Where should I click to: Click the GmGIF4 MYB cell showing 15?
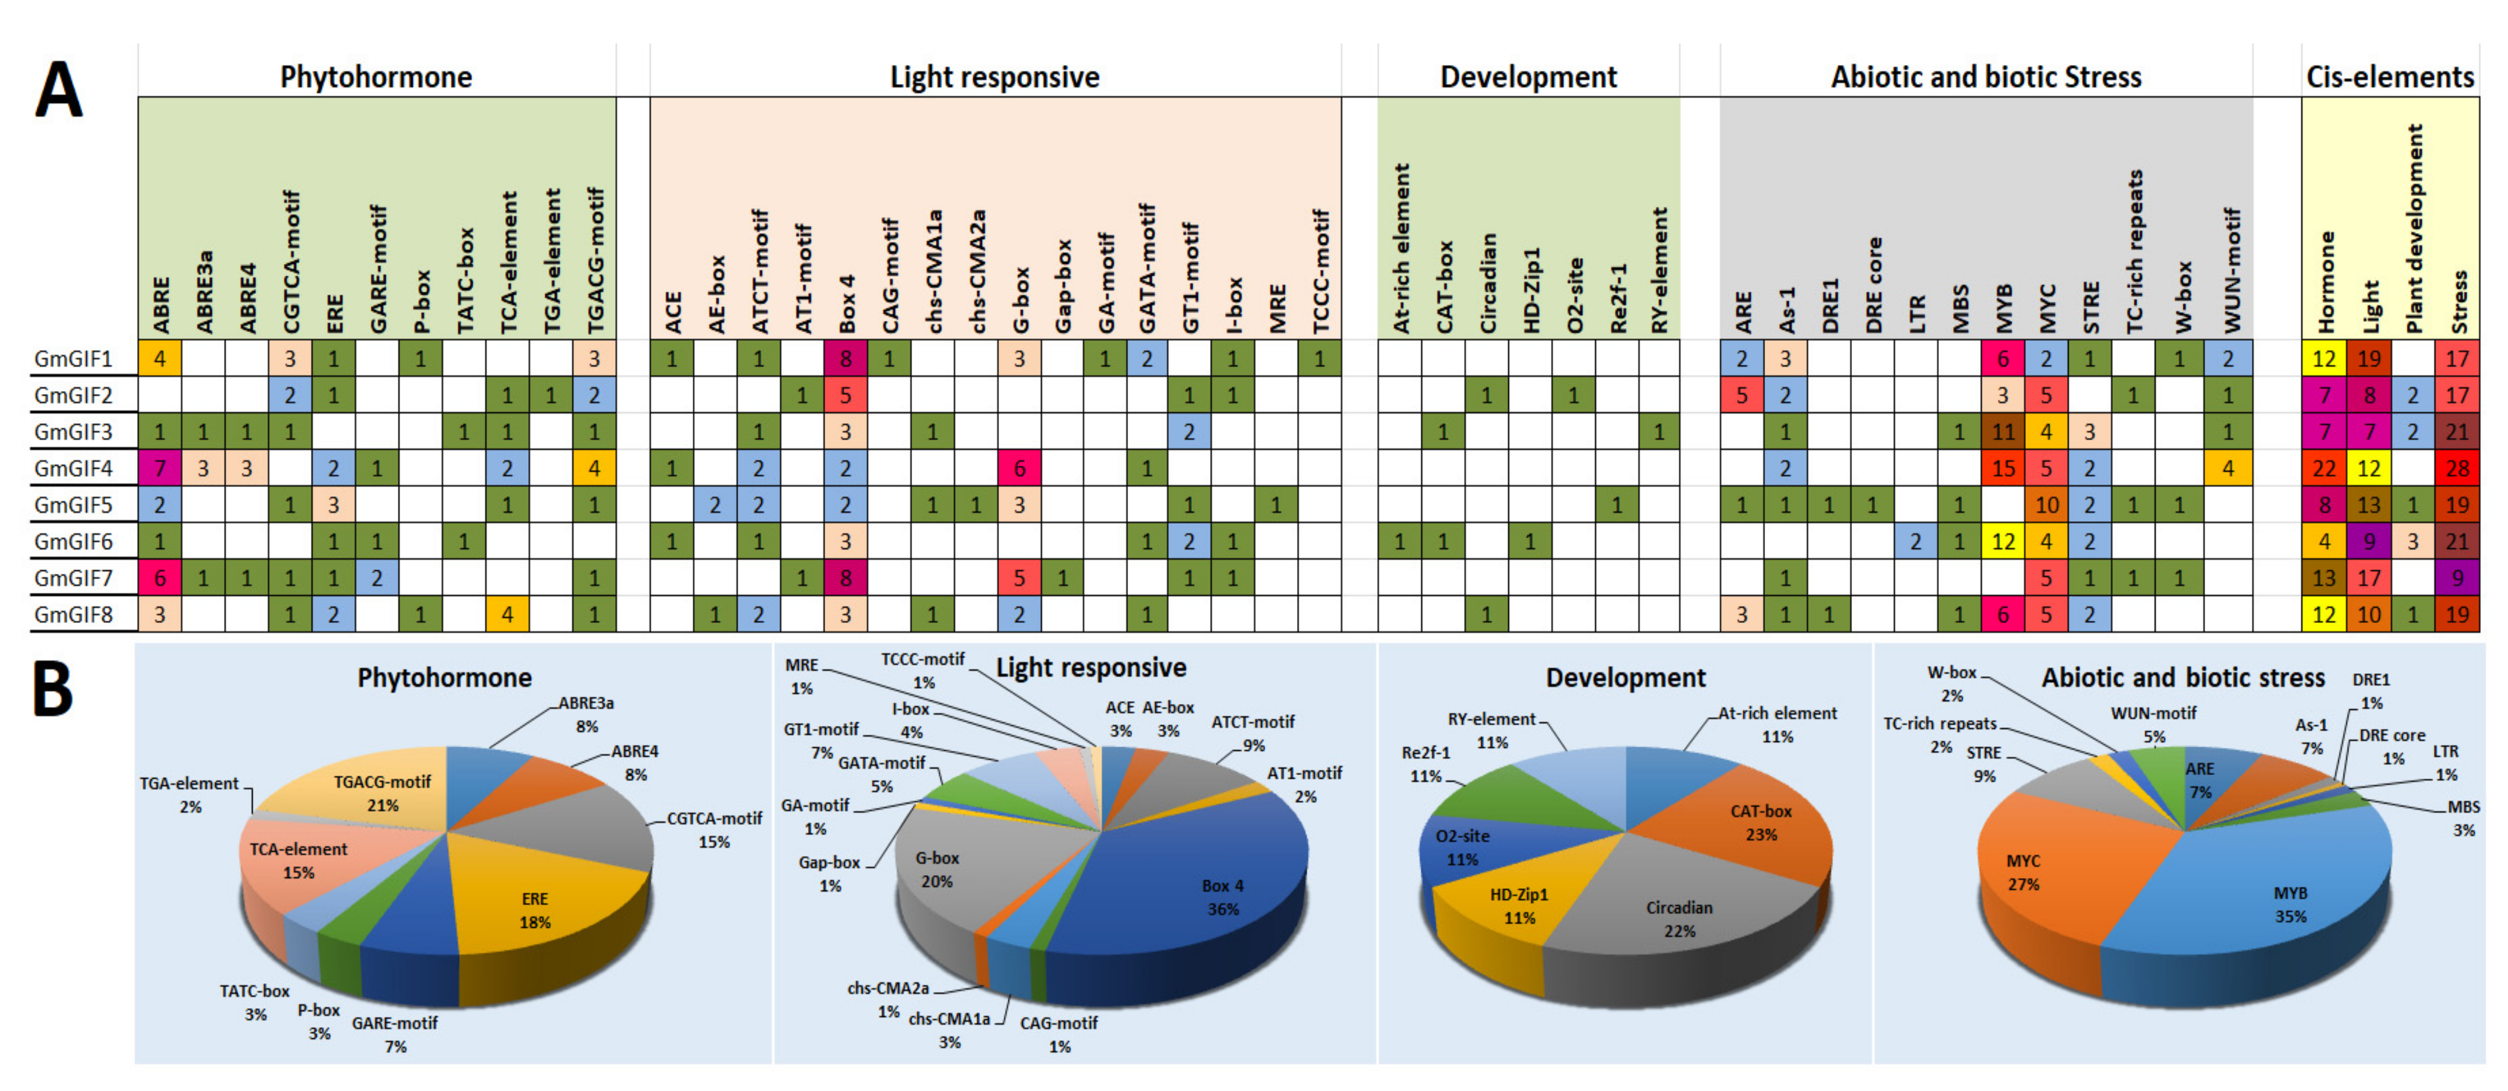click(x=2003, y=469)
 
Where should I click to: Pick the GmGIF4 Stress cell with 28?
click(x=2457, y=469)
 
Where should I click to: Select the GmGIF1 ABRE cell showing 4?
click(x=160, y=359)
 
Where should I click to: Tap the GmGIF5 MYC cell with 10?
click(x=2045, y=505)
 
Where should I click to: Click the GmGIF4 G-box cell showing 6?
click(x=1019, y=469)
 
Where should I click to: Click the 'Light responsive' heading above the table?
click(x=994, y=77)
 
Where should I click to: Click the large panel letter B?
click(x=54, y=689)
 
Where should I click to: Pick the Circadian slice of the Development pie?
click(x=1675, y=916)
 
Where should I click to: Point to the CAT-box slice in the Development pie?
click(x=1753, y=823)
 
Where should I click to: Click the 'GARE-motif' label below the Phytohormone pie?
click(x=395, y=1023)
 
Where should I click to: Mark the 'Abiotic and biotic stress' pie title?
click(x=2183, y=678)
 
